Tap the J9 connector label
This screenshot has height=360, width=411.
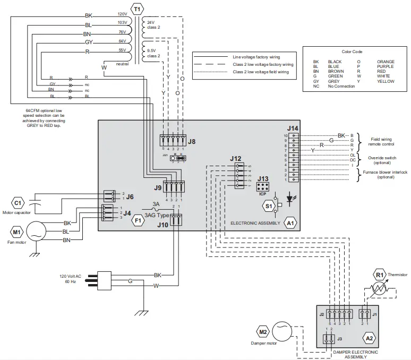[157, 187]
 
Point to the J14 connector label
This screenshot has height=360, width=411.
[293, 128]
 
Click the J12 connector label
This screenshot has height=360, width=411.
[236, 158]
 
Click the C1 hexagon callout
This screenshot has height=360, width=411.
[18, 202]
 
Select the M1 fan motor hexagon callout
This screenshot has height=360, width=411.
[16, 232]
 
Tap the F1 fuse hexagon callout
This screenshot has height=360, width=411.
[137, 220]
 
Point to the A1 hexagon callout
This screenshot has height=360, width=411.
[290, 223]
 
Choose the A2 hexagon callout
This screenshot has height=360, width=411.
[369, 337]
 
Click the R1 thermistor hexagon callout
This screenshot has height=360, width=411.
[380, 275]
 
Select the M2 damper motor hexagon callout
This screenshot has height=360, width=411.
[263, 332]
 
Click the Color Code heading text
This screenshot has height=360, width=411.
[352, 53]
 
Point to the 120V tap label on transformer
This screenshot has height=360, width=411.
[122, 14]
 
